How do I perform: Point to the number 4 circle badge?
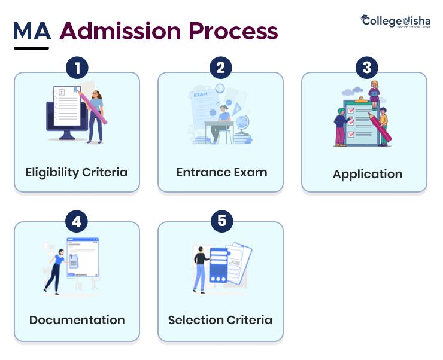pos(77,221)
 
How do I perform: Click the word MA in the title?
pos(32,31)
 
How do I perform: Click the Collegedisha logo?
pos(395,22)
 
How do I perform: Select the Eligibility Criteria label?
pos(77,172)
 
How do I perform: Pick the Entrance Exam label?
pos(221,172)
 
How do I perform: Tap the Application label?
pos(367,174)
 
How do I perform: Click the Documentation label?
pos(77,320)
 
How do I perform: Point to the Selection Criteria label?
pos(220,320)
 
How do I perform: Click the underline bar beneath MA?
pos(31,48)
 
